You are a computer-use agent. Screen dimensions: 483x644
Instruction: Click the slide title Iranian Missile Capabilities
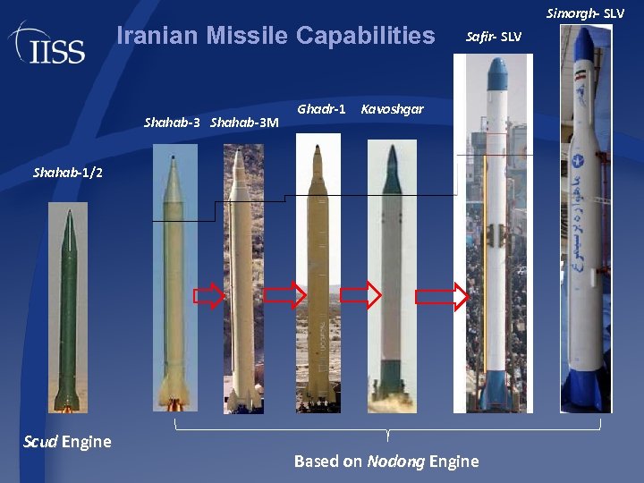[x=275, y=36]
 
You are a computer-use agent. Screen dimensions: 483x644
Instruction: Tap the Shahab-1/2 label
[x=68, y=172]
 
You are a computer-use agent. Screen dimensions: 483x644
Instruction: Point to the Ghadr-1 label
[x=321, y=109]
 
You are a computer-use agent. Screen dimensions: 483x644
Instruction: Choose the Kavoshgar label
[x=392, y=109]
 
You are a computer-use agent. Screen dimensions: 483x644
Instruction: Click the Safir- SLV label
[x=494, y=37]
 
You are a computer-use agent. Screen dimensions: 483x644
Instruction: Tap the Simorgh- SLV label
[x=585, y=13]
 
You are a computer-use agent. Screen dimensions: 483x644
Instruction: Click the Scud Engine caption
[x=67, y=441]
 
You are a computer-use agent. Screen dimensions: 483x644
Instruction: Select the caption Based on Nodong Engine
[x=386, y=462]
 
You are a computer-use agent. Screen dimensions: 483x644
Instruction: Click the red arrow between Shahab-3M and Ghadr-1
[x=285, y=297]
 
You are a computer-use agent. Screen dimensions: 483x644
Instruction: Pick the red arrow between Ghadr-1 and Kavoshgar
[x=360, y=296]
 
